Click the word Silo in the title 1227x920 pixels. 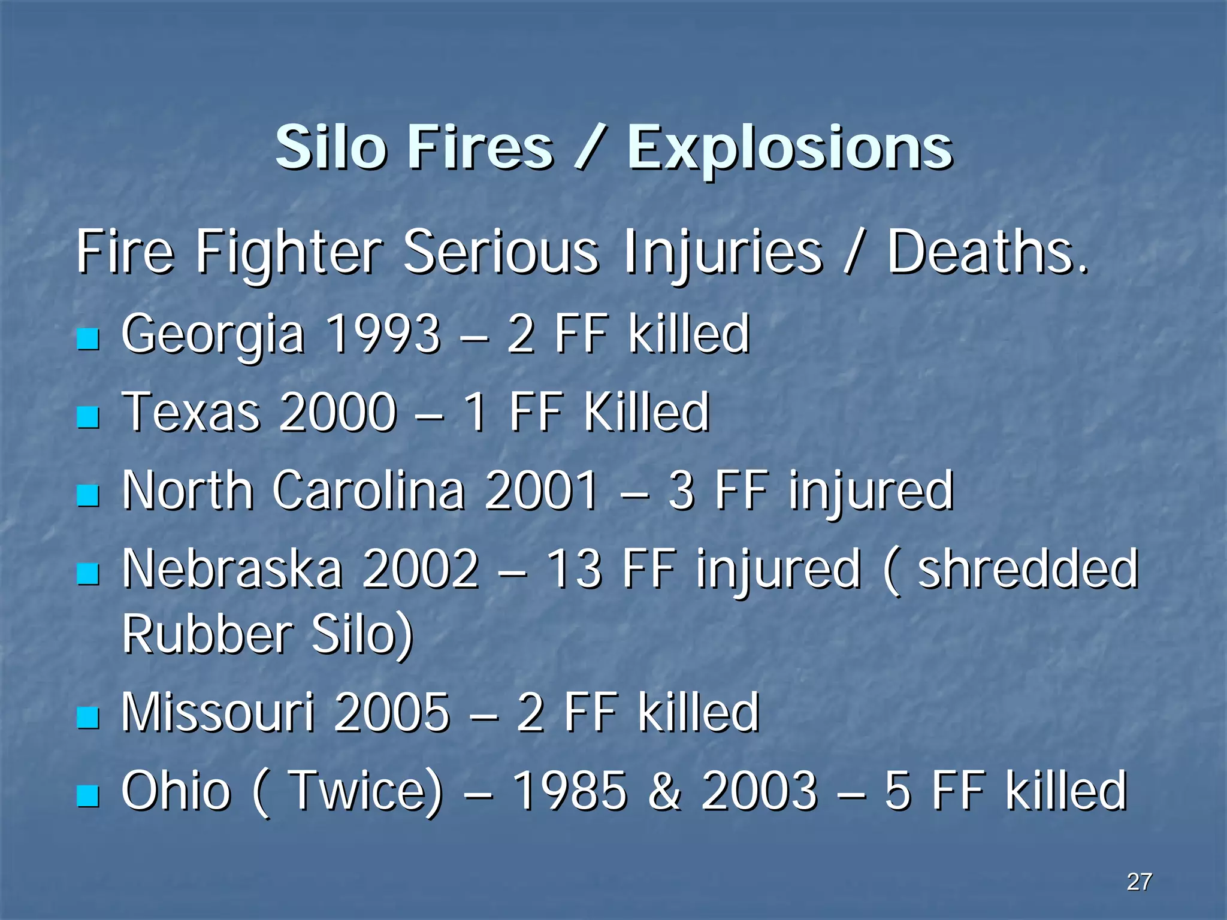pyautogui.click(x=330, y=147)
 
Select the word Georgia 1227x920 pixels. pyautogui.click(x=213, y=335)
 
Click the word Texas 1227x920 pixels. pyautogui.click(x=191, y=412)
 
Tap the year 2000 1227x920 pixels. pyautogui.click(x=338, y=412)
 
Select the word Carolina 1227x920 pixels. pyautogui.click(x=369, y=491)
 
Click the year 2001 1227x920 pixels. pyautogui.click(x=541, y=491)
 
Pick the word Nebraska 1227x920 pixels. pyautogui.click(x=232, y=568)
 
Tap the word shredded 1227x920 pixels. pyautogui.click(x=1028, y=568)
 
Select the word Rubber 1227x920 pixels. pyautogui.click(x=207, y=634)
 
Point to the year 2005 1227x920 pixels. pyautogui.click(x=392, y=712)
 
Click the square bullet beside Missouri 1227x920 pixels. pyautogui.click(x=88, y=717)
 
